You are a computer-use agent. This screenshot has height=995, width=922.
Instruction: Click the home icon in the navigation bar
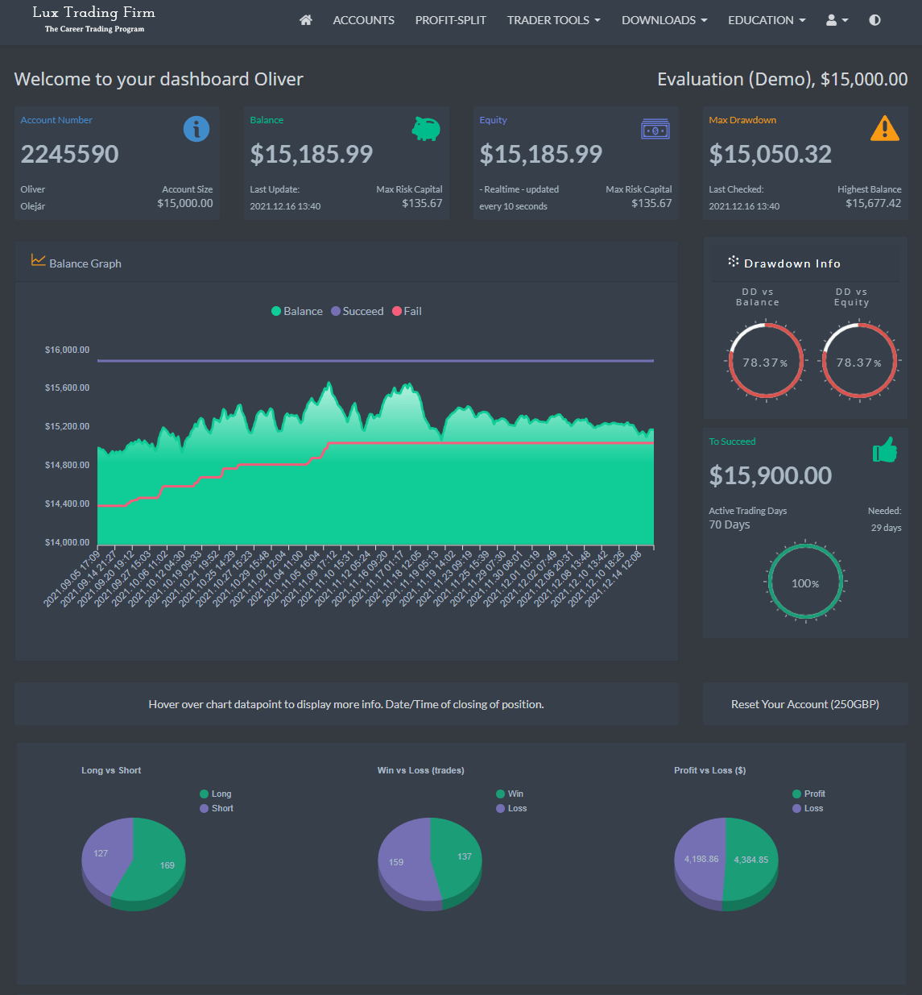coord(306,20)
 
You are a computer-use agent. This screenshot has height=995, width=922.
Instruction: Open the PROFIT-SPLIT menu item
coord(450,20)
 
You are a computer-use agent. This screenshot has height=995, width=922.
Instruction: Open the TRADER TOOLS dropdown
coord(553,20)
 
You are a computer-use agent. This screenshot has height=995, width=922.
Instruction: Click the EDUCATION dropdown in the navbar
coord(766,20)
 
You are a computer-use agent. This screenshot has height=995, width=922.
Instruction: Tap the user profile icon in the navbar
coord(836,20)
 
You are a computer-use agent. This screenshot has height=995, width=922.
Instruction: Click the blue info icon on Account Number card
coord(196,129)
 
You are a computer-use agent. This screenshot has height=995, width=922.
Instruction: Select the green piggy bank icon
coord(425,128)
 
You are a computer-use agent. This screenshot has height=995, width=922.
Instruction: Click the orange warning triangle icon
coord(884,128)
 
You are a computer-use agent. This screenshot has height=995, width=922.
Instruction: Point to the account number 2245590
coord(70,154)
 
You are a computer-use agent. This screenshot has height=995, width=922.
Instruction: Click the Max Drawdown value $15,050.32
coord(770,154)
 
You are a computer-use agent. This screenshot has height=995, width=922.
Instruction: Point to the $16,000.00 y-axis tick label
coord(67,350)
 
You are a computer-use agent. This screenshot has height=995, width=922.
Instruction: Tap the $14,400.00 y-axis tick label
coord(67,504)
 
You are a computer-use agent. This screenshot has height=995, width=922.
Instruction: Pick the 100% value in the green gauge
coord(805,583)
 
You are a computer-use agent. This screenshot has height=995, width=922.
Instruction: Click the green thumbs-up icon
coord(884,450)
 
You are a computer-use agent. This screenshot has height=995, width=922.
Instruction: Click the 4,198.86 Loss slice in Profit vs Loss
coord(699,859)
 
